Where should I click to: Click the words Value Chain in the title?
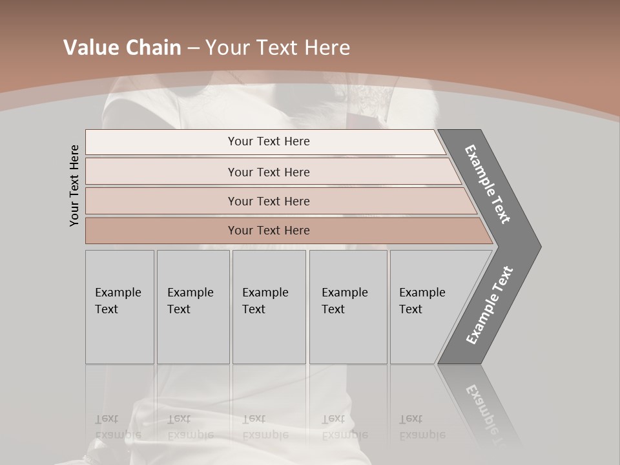point(122,48)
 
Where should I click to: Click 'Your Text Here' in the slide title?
point(278,48)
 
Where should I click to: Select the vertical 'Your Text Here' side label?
point(74,185)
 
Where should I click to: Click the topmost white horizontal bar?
point(268,141)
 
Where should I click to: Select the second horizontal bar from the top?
point(268,172)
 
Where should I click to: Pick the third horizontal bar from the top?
point(268,201)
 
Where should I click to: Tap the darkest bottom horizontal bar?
point(268,231)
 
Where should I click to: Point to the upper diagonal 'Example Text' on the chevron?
point(488,183)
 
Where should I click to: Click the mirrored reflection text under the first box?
point(118,427)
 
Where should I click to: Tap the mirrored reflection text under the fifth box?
point(422,427)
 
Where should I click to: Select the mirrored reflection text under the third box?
point(265,427)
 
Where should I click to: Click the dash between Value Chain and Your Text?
point(193,48)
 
